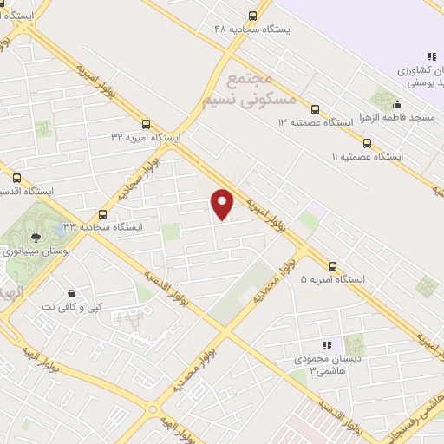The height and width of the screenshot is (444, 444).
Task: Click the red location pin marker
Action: point(223,204)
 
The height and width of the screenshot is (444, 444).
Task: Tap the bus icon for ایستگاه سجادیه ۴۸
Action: point(252,15)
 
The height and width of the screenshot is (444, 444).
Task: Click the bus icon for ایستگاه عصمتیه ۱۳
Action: point(314,110)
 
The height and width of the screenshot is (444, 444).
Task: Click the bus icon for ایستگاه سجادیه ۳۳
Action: point(103,213)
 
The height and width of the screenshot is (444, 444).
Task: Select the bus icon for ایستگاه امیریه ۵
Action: point(333,266)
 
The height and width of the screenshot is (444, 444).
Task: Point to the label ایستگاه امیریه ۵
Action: point(333,280)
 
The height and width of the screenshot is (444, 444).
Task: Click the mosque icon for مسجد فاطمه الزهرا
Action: point(397,105)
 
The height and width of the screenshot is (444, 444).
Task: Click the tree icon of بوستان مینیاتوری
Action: point(36,238)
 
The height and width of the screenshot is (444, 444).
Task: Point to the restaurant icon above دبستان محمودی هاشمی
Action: point(327,345)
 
